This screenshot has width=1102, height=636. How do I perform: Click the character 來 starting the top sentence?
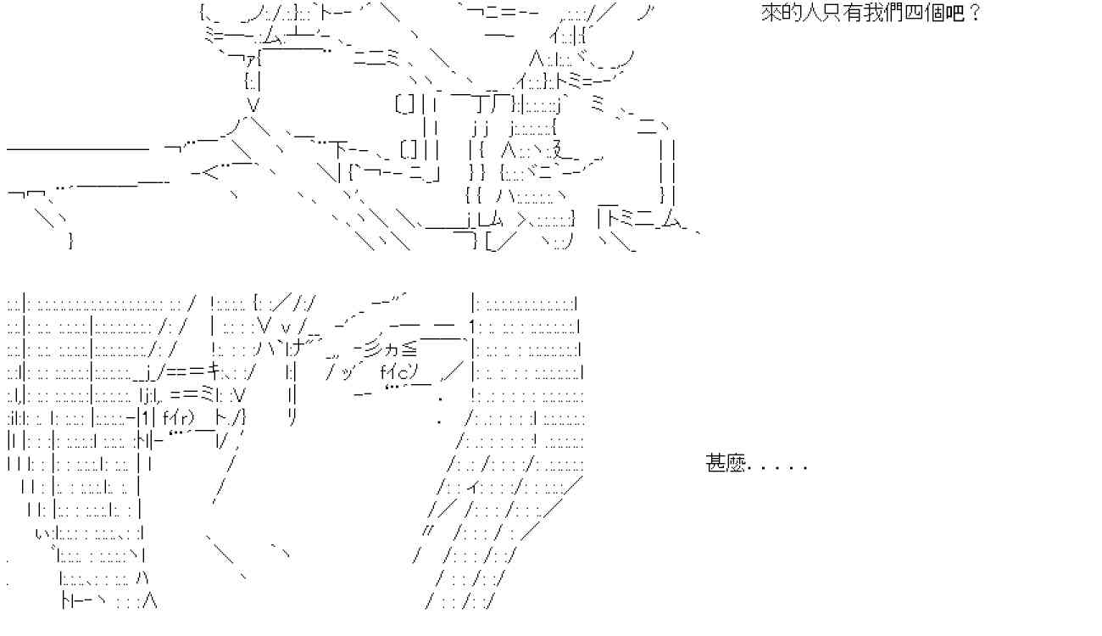click(x=771, y=14)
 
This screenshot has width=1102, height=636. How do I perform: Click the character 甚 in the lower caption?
click(x=715, y=464)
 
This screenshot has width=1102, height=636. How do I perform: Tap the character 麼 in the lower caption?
click(x=734, y=464)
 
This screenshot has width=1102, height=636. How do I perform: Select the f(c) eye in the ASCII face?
click(x=396, y=371)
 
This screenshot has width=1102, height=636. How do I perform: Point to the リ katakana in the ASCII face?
click(x=292, y=416)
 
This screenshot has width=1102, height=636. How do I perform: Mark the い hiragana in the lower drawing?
click(x=42, y=533)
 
